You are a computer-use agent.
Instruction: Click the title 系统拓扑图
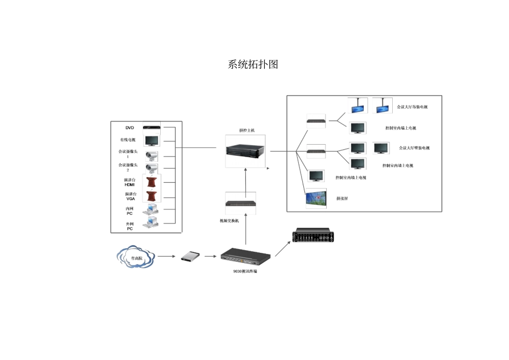(x=253, y=65)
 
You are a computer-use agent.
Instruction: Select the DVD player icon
(x=151, y=127)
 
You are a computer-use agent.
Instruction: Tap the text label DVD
(x=130, y=128)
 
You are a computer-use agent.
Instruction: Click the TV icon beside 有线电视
(x=151, y=141)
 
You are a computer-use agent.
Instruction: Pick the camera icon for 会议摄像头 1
(x=151, y=156)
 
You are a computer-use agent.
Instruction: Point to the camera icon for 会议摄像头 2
(x=151, y=170)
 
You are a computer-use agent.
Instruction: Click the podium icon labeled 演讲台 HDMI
(x=152, y=183)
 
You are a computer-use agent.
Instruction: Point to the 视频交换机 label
(x=229, y=220)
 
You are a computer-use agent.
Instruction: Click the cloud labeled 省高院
(x=136, y=258)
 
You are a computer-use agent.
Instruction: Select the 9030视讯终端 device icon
(x=246, y=257)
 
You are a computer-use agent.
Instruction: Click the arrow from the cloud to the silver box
(x=167, y=257)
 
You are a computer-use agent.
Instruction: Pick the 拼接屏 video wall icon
(x=316, y=199)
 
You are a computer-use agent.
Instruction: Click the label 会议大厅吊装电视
(x=412, y=107)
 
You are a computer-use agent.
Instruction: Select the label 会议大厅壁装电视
(x=414, y=148)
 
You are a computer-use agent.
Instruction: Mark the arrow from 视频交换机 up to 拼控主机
(x=245, y=180)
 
